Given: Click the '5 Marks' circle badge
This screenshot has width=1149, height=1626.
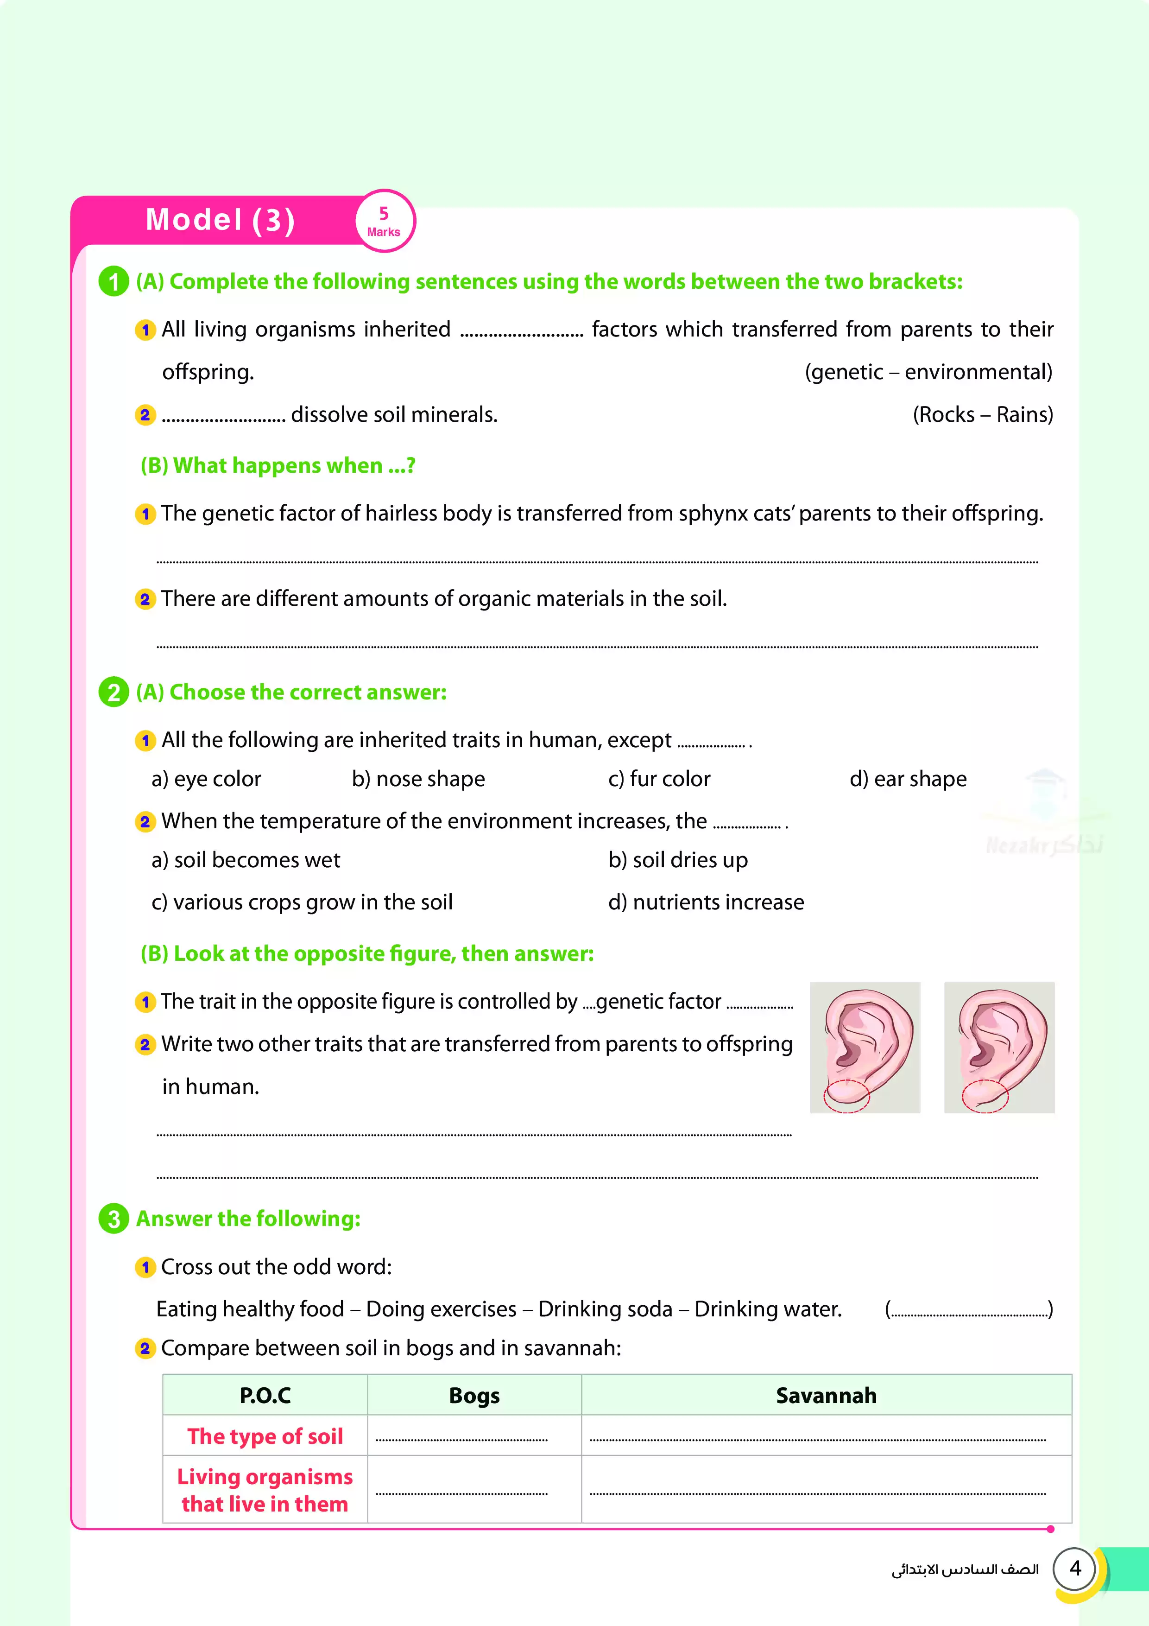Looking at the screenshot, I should [x=385, y=221].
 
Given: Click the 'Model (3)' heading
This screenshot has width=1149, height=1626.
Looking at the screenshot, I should [x=220, y=220].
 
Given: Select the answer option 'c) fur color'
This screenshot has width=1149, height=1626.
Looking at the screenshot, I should [x=659, y=779].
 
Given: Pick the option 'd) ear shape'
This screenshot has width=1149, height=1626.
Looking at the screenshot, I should [x=908, y=779].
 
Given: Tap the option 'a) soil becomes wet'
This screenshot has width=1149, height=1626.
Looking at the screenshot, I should [x=246, y=860].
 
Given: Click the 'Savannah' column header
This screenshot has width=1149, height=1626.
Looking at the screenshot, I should [x=826, y=1395].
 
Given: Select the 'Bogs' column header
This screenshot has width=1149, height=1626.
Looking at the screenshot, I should [x=474, y=1395].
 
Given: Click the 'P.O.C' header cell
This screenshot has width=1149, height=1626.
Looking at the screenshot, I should [x=265, y=1395].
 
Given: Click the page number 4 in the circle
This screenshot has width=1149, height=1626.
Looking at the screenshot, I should [x=1075, y=1569].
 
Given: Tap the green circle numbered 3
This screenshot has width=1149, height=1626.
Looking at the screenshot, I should [x=113, y=1219].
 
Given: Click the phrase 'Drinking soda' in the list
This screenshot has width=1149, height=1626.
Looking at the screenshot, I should [x=605, y=1309].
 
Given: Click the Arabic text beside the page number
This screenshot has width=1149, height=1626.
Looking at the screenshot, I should [x=964, y=1569].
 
